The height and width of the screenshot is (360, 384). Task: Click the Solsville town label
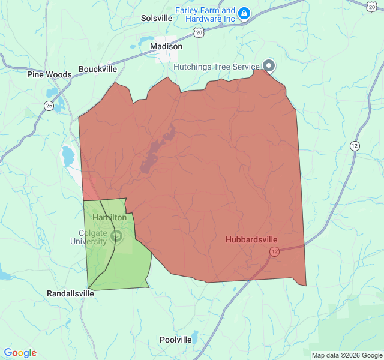point(157,18)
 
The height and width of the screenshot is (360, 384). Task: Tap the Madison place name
point(166,46)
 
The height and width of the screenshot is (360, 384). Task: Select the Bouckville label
point(98,69)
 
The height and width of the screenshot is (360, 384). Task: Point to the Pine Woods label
point(49,75)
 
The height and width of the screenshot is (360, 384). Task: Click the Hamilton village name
point(109,217)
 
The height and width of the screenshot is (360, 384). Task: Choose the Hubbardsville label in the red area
point(251,239)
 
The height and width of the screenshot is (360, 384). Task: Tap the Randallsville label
point(70,293)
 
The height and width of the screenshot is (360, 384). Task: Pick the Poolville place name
point(176,340)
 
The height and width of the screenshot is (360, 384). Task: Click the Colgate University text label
point(92,237)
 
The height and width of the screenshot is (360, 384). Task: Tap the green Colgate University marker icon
point(116,237)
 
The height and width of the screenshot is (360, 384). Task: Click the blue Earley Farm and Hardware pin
point(244,13)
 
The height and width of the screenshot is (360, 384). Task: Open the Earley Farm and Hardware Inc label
point(205,14)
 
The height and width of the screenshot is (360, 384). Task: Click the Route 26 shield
point(49,106)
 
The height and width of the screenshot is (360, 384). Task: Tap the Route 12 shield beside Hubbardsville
point(274,251)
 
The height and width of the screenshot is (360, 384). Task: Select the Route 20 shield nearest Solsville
point(199,32)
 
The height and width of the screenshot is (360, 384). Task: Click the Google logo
point(20,353)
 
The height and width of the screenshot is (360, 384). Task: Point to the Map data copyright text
point(346,355)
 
